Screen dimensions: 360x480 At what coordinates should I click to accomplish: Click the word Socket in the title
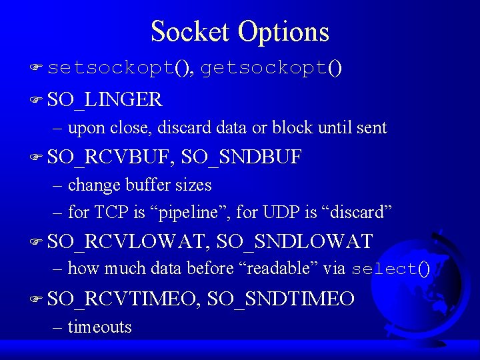pos(189,31)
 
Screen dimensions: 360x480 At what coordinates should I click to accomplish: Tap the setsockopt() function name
pos(119,68)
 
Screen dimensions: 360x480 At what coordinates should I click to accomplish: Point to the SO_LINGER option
pos(105,99)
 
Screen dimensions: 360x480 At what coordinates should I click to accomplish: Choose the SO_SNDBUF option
pos(241,157)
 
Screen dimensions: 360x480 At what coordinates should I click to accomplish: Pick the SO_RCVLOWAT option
pos(127,241)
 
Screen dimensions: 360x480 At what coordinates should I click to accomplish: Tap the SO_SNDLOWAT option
pos(295,241)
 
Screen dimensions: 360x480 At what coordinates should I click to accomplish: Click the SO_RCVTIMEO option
pos(123,299)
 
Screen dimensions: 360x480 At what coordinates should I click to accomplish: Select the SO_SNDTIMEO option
pos(281,299)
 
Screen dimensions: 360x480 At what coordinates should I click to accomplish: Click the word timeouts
pos(100,327)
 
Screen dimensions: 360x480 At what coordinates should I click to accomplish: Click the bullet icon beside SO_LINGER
pos(35,100)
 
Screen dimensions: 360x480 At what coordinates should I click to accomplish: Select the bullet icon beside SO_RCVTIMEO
pos(35,299)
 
